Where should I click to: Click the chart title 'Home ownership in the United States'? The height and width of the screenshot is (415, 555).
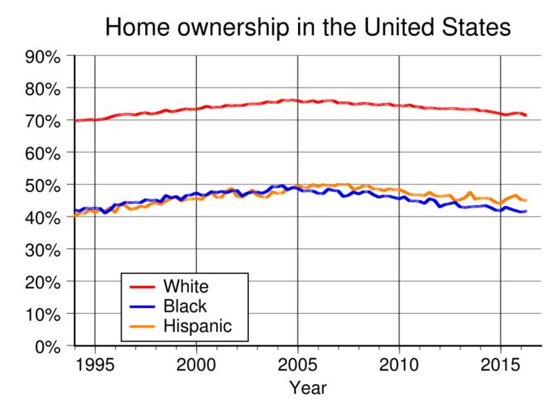(308, 28)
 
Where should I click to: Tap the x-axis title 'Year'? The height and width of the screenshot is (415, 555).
(308, 388)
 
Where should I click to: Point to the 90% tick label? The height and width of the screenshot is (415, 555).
(41, 56)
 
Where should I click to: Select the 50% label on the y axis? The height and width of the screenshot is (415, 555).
(41, 185)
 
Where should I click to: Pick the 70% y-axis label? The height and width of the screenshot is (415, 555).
(41, 121)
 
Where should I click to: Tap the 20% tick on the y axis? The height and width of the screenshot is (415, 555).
(41, 281)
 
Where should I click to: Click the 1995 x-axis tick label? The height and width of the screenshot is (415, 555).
(95, 362)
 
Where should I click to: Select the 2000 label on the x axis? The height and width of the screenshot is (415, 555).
(196, 362)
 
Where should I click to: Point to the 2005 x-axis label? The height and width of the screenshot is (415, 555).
(297, 362)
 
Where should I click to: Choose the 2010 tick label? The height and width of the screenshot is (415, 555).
(399, 362)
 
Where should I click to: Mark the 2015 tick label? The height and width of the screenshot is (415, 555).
(500, 362)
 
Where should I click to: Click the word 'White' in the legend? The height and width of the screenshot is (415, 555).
(186, 286)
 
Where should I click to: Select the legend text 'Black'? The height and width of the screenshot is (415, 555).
(185, 306)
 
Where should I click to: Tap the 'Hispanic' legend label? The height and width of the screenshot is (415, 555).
(197, 326)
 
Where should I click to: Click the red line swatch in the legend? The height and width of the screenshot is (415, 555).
(143, 286)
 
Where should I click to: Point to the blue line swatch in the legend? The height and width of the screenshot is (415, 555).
(143, 306)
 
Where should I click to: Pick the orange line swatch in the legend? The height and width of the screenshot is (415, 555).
(143, 326)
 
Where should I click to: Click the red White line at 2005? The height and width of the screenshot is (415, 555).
(297, 101)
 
